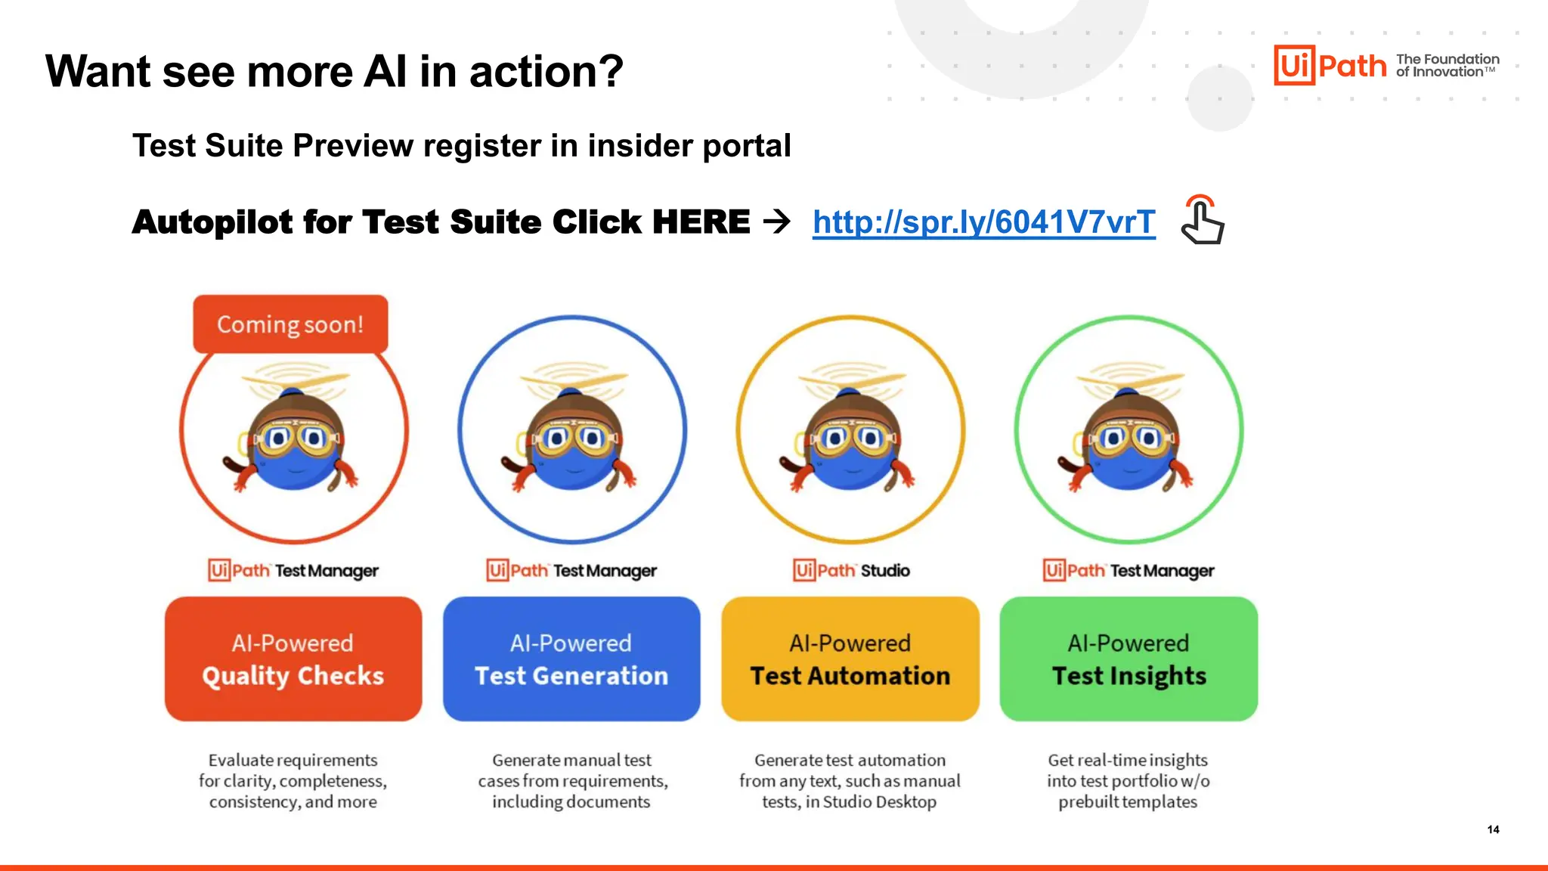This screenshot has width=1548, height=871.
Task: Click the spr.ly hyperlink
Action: coord(983,222)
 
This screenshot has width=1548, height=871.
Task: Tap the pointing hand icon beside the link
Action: coord(1202,221)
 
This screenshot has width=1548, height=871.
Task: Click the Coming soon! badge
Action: coord(290,324)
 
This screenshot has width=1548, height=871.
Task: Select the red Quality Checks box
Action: coord(293,659)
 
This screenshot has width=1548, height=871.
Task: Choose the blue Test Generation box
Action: coord(571,659)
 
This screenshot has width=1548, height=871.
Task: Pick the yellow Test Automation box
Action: coord(850,659)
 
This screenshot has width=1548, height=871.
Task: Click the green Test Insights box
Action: coord(1128,659)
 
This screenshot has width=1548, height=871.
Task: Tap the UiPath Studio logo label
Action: coord(851,570)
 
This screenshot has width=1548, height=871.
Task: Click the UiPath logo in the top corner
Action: coord(1330,65)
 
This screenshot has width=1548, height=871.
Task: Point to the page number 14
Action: coord(1493,829)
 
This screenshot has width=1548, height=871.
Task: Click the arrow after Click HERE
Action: coord(776,222)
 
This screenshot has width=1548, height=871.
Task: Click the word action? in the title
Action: coord(546,72)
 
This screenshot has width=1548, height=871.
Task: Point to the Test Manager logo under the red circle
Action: coord(293,570)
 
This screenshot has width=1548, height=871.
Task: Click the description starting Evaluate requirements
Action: coord(293,780)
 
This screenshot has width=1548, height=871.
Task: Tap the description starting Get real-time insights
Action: coord(1128,780)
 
